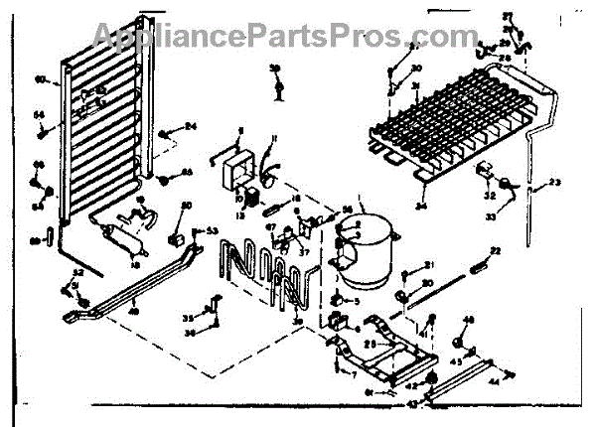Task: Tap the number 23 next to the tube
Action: point(554,181)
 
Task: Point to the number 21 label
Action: point(430,263)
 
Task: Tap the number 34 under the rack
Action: point(422,207)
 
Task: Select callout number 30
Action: point(416,68)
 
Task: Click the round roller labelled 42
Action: point(433,378)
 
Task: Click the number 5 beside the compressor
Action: point(357,299)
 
